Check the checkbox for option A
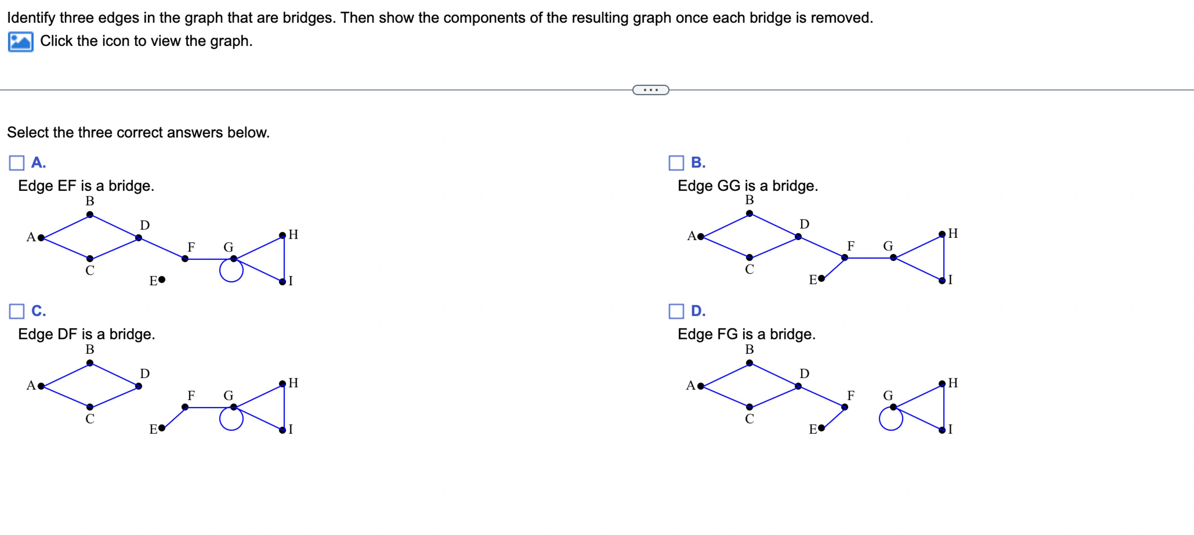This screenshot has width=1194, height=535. point(17,163)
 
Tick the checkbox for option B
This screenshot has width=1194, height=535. point(676,163)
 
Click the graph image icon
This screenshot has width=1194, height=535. point(20,42)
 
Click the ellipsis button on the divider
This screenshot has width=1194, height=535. point(650,90)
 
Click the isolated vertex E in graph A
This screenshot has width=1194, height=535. point(161,280)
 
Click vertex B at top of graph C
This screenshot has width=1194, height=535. point(90,363)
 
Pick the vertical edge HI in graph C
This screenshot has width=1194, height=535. point(284,407)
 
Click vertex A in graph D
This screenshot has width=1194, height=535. point(700,386)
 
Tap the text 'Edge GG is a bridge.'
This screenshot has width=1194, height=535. point(747,186)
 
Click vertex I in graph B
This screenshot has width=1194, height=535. point(942,280)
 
